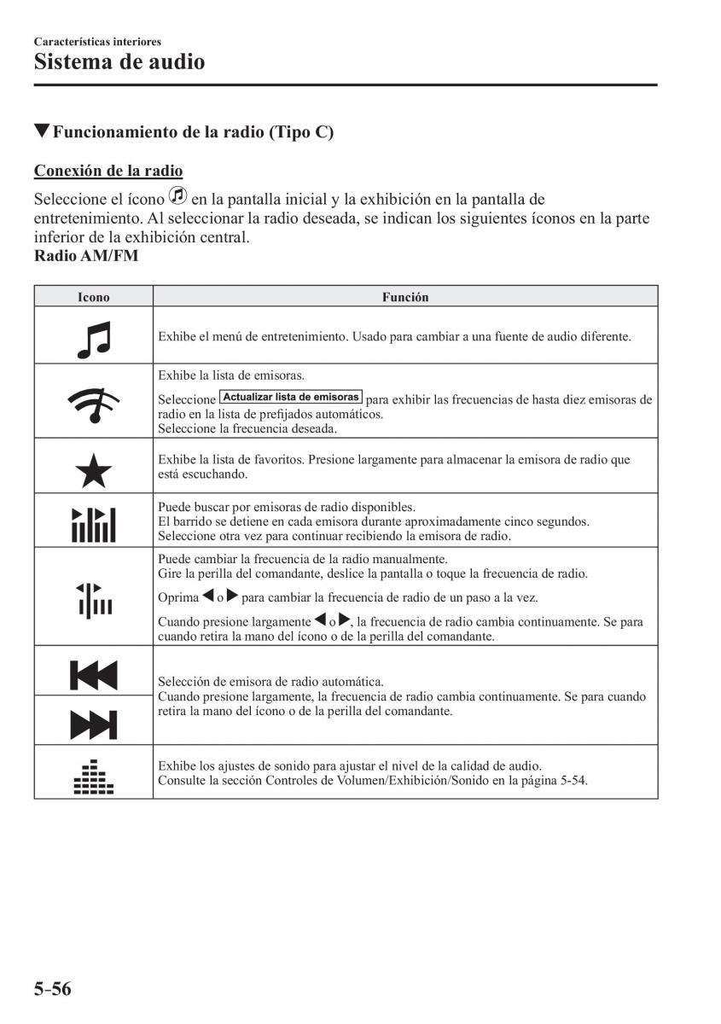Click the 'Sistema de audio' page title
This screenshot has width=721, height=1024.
point(119,62)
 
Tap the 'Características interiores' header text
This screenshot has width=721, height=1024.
point(97,41)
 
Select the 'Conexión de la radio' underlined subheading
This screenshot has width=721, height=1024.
point(108,171)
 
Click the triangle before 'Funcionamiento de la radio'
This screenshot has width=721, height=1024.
point(43,131)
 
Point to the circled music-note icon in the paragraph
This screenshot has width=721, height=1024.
point(177,196)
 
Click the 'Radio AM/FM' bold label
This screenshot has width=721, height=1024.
point(86,256)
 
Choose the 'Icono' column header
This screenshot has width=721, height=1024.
point(94,297)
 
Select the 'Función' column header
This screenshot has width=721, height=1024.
point(405,297)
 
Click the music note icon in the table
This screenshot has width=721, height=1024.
point(94,336)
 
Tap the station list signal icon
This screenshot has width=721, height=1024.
point(94,401)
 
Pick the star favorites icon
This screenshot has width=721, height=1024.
point(94,468)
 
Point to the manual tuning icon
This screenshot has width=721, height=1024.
point(94,597)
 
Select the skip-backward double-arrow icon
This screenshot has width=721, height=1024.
point(94,674)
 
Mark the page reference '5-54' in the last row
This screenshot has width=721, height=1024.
point(572,780)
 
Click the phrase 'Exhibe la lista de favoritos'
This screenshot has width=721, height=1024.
point(229,459)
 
